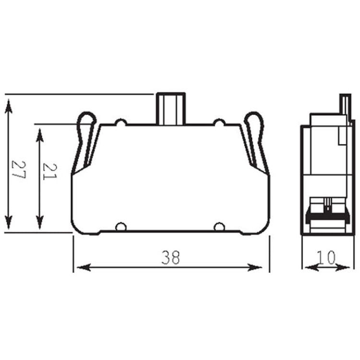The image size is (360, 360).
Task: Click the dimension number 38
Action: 170,257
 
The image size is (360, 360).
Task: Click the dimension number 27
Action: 19,169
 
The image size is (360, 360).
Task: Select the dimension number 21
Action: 50,171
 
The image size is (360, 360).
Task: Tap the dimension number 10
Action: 326,257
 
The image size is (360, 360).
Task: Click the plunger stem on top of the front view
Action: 170,109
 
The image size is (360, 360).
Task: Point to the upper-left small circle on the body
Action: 121,122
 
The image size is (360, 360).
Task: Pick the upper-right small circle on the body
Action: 219,122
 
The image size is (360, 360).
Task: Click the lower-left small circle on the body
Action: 121,227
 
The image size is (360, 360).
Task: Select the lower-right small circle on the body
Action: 219,227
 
